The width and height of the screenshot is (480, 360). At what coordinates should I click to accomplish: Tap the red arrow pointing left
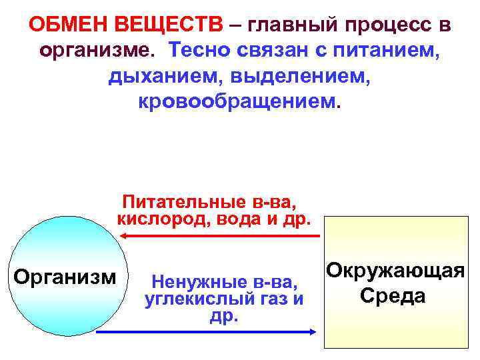click(x=220, y=236)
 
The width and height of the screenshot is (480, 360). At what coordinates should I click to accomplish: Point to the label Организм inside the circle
click(x=65, y=275)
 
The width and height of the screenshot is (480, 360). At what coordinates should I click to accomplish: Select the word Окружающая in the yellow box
click(x=395, y=271)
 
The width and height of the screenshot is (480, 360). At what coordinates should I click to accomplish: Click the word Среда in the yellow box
click(x=392, y=295)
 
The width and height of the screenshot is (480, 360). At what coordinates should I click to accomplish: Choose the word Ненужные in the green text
click(x=189, y=281)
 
